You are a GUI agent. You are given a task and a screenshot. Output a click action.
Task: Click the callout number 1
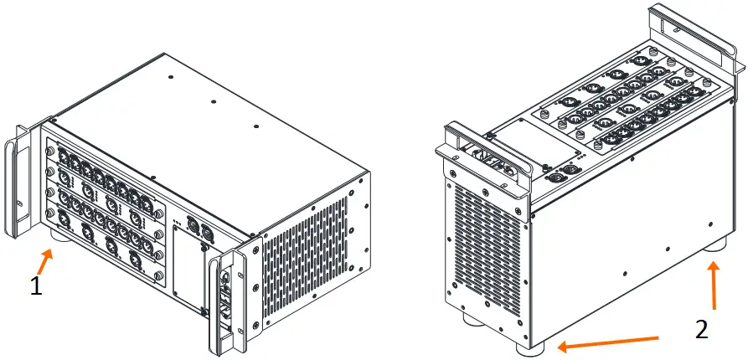(35, 285)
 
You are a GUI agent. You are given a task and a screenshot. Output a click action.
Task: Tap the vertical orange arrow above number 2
(713, 285)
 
